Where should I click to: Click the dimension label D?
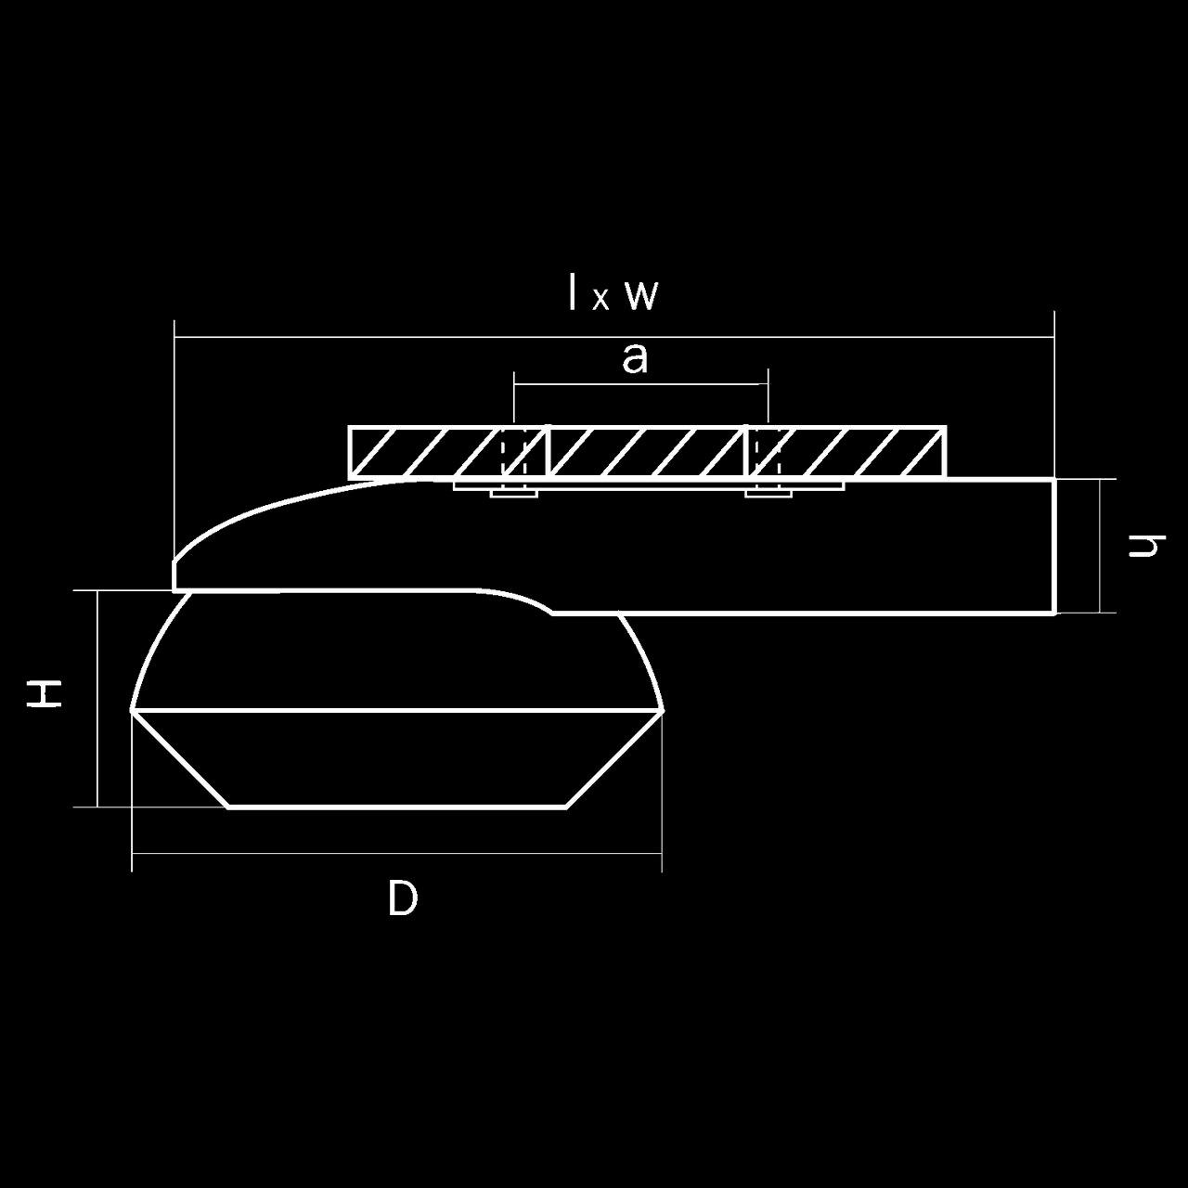(403, 898)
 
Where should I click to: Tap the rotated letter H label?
(44, 694)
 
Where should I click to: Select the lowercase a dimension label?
(635, 359)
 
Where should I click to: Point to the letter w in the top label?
(642, 296)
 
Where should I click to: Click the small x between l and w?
(601, 300)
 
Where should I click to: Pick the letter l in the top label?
(574, 291)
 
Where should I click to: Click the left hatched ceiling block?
(447, 451)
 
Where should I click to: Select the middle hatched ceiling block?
(647, 451)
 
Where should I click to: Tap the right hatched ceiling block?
(847, 451)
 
